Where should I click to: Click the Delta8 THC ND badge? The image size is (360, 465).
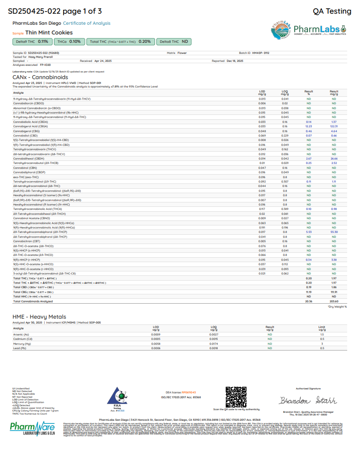tap(174, 42)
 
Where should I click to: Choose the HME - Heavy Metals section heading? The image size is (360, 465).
tap(40, 316)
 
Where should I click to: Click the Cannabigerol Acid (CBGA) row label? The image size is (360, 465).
tap(30, 126)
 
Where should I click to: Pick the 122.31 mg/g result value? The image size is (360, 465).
tap(334, 126)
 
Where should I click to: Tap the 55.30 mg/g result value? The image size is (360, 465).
tap(334, 232)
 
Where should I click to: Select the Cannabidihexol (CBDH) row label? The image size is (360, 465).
tap(28, 158)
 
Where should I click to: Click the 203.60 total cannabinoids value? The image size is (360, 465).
tap(334, 301)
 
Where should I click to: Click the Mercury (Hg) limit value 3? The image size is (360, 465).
tap(322, 343)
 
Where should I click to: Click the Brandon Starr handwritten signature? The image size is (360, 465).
tap(308, 400)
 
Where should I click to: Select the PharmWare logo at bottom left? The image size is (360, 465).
tap(32, 428)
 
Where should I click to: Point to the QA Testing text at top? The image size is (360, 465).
tap(332, 11)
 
